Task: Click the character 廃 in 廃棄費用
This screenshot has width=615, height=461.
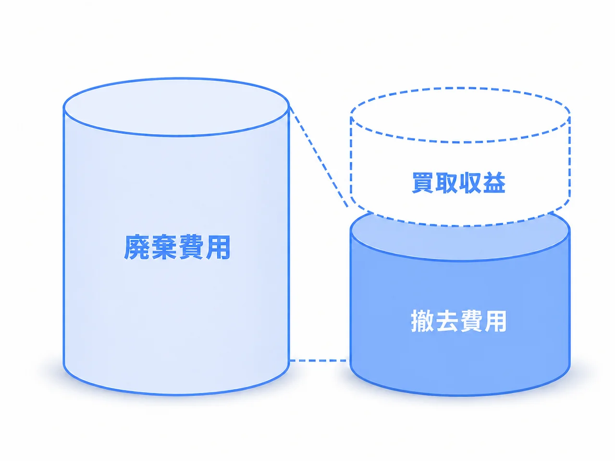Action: [137, 247]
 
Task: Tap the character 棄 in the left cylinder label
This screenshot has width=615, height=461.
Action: [164, 247]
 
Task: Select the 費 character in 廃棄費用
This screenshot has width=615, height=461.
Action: [191, 247]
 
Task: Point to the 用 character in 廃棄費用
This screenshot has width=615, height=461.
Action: [218, 247]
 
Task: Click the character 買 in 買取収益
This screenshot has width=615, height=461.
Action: [423, 182]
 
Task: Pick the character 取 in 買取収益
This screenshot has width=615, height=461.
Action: [447, 182]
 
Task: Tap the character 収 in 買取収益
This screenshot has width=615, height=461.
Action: [470, 182]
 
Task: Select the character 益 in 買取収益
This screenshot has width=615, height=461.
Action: [494, 182]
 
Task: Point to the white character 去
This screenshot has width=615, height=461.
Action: [447, 321]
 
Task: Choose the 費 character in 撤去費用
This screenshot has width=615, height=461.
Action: [471, 321]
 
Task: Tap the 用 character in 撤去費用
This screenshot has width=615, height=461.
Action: [495, 321]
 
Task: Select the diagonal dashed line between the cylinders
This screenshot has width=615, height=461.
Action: [319, 157]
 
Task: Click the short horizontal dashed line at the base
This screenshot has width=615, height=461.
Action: [320, 361]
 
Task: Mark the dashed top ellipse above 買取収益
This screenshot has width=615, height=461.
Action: [460, 88]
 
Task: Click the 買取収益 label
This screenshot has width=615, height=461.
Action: [459, 182]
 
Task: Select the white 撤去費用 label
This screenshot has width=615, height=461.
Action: [459, 321]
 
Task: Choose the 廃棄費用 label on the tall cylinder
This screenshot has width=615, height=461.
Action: [177, 247]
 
